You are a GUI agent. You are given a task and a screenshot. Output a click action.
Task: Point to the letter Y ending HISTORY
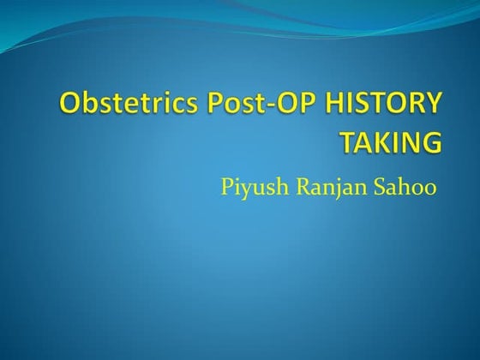pos(435,105)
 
